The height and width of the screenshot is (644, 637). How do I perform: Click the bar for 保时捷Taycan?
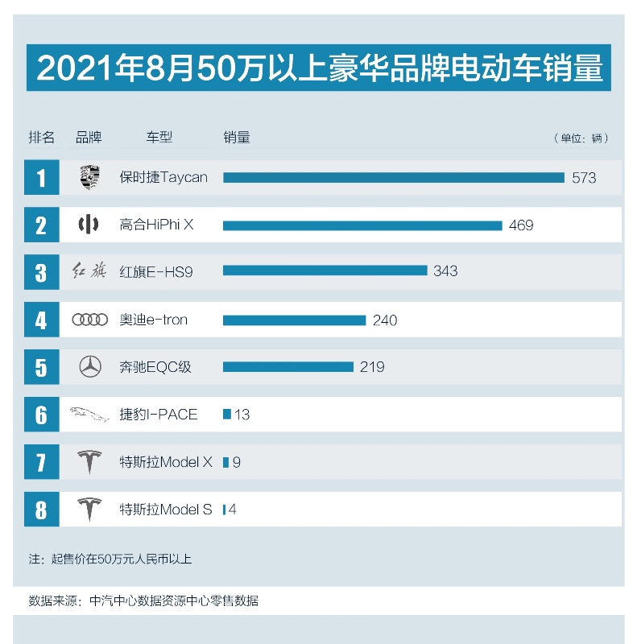click(x=393, y=177)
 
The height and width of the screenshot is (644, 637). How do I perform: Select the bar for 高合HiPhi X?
click(x=362, y=225)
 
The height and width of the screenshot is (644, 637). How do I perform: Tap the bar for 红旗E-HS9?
click(x=325, y=271)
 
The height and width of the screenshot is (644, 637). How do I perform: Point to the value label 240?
click(x=385, y=320)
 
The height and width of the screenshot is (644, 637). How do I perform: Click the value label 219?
click(x=372, y=367)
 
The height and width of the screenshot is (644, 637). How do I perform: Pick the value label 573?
click(x=584, y=178)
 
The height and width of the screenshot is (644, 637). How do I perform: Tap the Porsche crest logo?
click(x=89, y=177)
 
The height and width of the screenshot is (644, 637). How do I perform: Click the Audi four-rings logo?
click(x=89, y=320)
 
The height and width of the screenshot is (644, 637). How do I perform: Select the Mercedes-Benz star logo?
click(x=89, y=367)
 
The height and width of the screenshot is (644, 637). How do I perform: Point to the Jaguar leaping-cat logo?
click(x=89, y=415)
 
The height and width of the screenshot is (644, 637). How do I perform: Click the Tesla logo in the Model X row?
click(x=89, y=463)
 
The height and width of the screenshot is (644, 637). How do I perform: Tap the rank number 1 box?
click(x=41, y=177)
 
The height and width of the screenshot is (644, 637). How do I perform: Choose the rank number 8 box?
click(x=41, y=510)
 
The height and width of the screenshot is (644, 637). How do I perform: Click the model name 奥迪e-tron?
click(x=153, y=320)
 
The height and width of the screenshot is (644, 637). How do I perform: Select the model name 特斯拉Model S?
click(x=166, y=510)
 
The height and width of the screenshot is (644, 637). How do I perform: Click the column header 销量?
click(x=237, y=138)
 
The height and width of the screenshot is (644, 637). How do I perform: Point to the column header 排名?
click(x=42, y=138)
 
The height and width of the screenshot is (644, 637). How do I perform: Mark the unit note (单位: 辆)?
click(x=581, y=138)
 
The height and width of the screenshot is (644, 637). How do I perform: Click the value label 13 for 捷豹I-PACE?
click(x=242, y=415)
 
